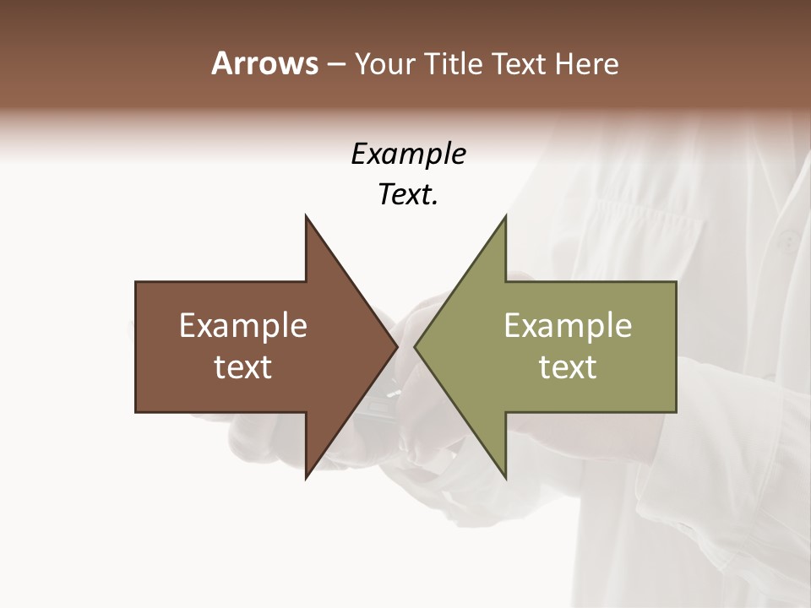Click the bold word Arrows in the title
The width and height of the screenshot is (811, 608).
tap(265, 63)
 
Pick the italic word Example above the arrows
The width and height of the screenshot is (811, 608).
tap(408, 155)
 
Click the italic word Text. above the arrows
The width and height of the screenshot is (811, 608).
tap(408, 195)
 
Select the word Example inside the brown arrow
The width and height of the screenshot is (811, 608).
tap(243, 326)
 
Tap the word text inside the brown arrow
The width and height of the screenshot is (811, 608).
tap(243, 367)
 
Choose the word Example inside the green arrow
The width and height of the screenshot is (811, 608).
tap(568, 326)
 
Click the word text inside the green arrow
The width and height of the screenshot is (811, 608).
tap(568, 367)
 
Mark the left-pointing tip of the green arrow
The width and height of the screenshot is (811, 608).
tap(416, 346)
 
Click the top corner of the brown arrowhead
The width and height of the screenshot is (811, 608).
tap(306, 216)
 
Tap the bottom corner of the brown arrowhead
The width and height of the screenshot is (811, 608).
tap(306, 477)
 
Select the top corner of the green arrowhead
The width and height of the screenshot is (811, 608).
tap(505, 216)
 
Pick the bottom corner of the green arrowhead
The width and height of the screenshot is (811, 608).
tap(505, 477)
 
